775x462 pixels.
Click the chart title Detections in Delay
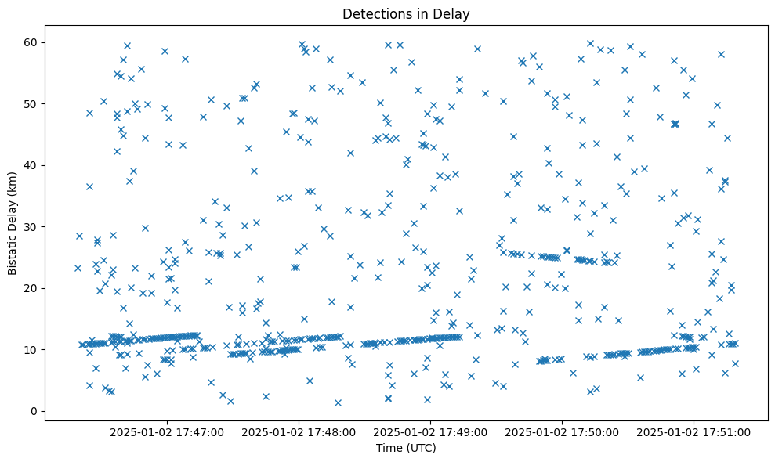point(406,14)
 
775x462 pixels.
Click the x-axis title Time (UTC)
point(406,448)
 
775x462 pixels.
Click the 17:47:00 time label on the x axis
point(167,431)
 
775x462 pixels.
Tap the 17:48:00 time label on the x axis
point(299,431)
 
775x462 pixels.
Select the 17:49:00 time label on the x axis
point(430,431)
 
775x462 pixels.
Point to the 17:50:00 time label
point(562,431)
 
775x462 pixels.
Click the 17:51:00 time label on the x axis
point(694,431)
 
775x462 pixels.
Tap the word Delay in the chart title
point(454,14)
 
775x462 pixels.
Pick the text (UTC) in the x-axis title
point(420,448)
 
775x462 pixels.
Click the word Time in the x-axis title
point(389,448)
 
